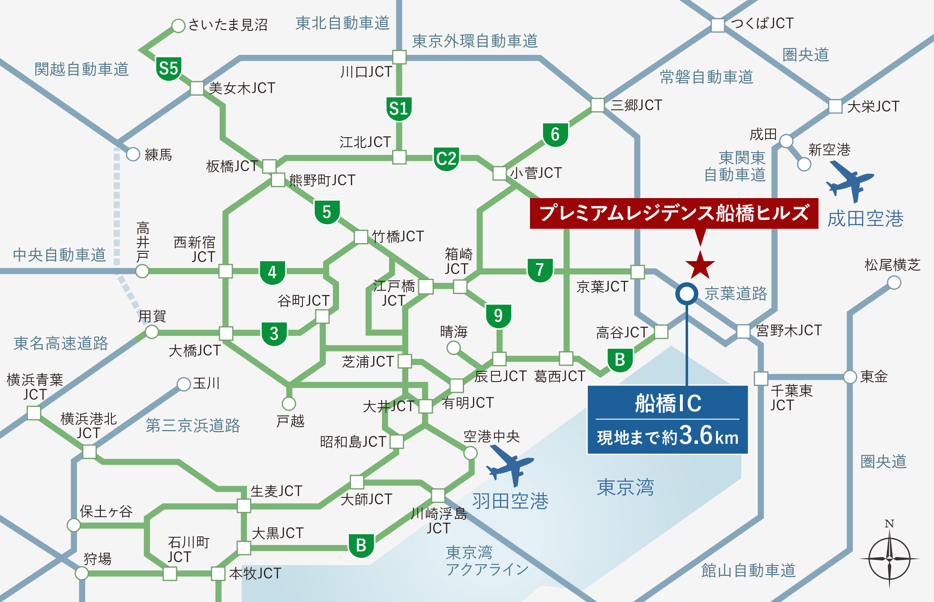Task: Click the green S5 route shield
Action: [168, 68]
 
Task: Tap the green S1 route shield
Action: [399, 108]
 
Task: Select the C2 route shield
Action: [446, 159]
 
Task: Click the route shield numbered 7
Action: [540, 270]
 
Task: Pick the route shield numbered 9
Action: [498, 316]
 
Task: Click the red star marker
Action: [700, 265]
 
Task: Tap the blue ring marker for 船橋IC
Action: [687, 294]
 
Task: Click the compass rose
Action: [889, 559]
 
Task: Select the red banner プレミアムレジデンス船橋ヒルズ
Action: [674, 213]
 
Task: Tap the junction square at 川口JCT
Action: [399, 57]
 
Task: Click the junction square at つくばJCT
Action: [718, 25]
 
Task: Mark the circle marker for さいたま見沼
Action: [178, 25]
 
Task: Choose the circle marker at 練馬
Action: [133, 154]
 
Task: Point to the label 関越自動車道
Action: [81, 69]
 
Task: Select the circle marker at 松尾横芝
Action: [894, 283]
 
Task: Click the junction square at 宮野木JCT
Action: [743, 331]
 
